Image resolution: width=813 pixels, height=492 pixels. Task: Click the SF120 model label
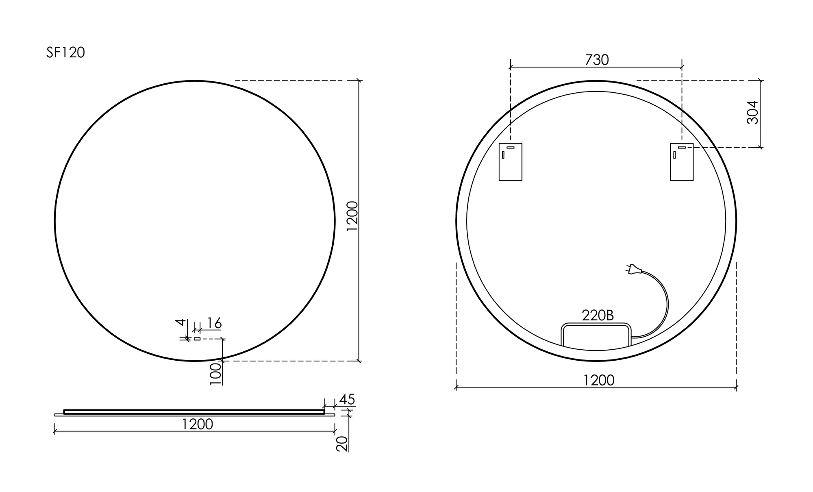pos(65,53)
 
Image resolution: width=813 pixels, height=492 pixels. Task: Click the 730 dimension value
pos(597,60)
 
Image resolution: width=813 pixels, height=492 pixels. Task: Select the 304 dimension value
pos(753,112)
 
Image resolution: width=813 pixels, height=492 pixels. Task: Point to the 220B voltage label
pos(598,315)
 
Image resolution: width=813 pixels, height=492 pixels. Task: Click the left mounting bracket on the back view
pos(511,162)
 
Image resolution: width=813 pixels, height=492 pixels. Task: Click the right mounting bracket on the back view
pos(682,162)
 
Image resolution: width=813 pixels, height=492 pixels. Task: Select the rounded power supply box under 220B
pos(596,336)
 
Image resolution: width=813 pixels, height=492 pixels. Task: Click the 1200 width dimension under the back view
pos(599,380)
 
